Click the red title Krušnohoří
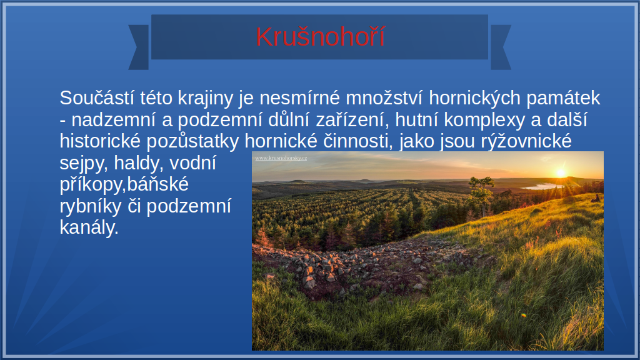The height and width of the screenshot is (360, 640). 320,37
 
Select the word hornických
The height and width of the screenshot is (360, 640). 475,98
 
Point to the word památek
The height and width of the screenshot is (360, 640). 563,98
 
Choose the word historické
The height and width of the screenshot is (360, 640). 100,141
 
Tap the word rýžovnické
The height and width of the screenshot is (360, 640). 526,141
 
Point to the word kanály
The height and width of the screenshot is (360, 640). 89,227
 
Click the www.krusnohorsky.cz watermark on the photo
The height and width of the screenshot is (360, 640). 281,158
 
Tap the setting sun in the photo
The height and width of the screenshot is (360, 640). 561,172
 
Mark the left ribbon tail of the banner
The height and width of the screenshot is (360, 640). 139,47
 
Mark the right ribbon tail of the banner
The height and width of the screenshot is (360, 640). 501,47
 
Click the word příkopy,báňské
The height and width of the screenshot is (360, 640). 124,184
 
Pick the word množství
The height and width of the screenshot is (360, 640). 384,98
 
